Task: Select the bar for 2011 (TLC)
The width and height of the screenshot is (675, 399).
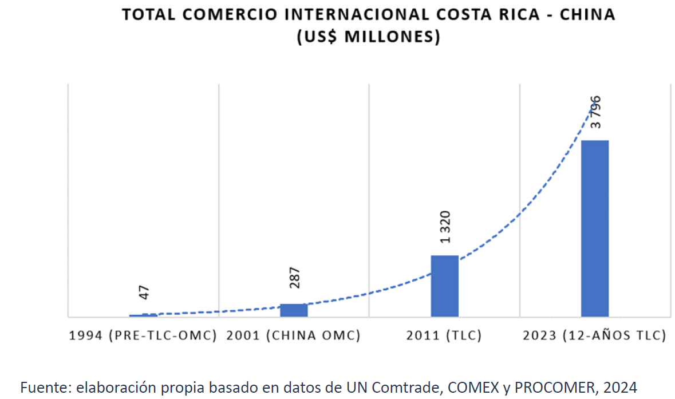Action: (444, 286)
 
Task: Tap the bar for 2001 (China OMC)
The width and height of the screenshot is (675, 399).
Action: (294, 310)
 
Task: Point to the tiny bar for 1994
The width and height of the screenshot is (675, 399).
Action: (143, 315)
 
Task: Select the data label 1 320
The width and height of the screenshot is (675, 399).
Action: (445, 227)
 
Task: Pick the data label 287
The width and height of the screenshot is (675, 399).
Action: (295, 278)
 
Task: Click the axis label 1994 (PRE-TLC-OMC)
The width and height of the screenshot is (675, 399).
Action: (143, 336)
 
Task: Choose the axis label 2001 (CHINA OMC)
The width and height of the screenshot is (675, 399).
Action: (293, 336)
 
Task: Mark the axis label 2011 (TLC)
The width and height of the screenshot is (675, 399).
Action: (444, 336)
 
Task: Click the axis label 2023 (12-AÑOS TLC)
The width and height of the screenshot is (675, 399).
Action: (594, 336)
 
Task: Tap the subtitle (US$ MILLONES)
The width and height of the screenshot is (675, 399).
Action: (368, 37)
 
